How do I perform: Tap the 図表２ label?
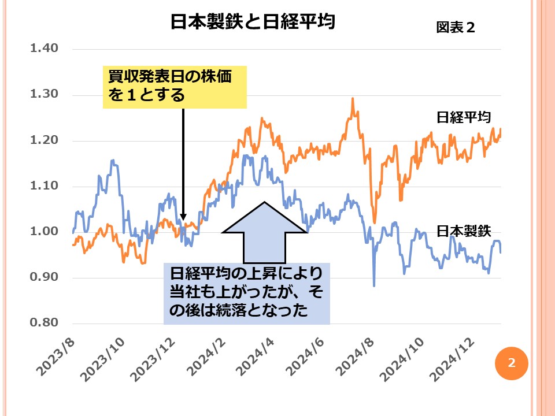pos(455,28)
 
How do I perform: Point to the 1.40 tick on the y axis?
pos(45,48)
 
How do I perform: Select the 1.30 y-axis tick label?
pos(45,94)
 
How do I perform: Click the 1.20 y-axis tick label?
pos(45,140)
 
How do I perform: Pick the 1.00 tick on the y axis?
pos(45,232)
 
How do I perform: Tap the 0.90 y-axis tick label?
pos(45,277)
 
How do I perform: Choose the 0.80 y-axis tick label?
pos(45,323)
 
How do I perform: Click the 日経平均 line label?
pos(463,117)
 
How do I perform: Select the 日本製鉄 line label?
pos(463,231)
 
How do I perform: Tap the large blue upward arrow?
pos(265,231)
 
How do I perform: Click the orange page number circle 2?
pos(511,363)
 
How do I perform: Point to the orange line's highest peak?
pos(352,99)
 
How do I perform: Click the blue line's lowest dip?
pos(374,285)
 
